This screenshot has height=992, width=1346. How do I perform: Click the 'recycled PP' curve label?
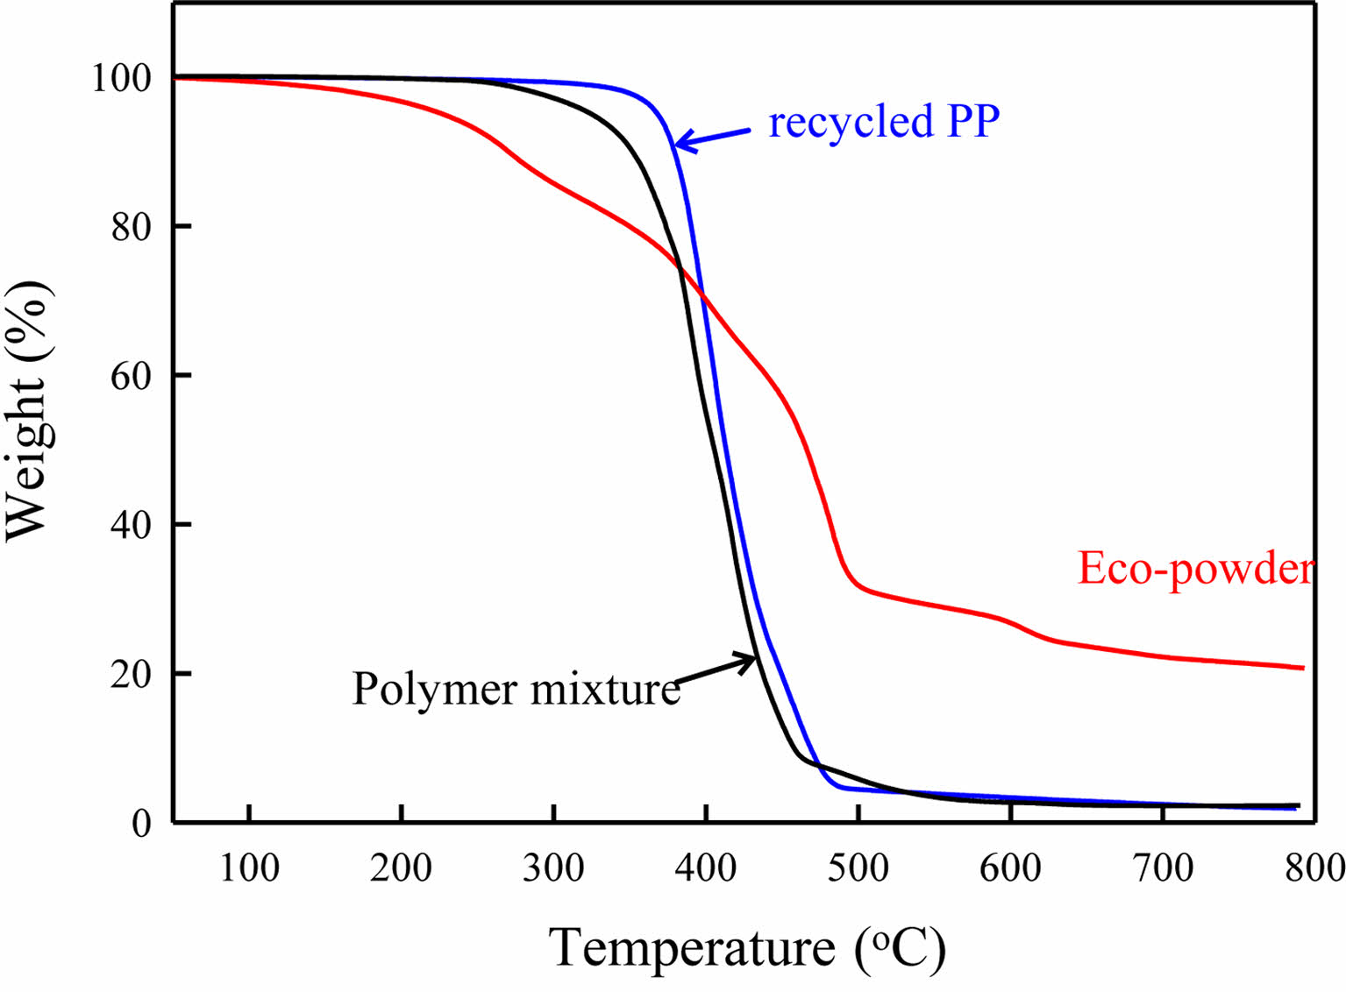[x=884, y=121]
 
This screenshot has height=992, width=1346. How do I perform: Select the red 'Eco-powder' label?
[x=1195, y=568]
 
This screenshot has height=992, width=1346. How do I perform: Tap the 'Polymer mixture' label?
[x=516, y=689]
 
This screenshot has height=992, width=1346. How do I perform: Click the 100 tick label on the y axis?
[x=121, y=79]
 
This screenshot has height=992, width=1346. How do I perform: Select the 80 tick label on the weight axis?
[x=131, y=228]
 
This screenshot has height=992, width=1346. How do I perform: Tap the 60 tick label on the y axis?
[x=131, y=377]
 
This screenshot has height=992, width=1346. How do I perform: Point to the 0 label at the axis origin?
[x=142, y=824]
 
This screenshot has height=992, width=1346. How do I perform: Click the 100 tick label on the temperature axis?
[x=249, y=868]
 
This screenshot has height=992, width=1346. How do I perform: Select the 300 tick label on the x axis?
[x=553, y=868]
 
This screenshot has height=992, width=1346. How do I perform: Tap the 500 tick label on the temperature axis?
[x=858, y=868]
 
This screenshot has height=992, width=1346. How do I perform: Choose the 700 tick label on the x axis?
[x=1163, y=868]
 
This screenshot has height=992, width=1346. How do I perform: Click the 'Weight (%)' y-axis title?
[x=28, y=411]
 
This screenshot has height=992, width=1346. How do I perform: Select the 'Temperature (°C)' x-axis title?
[x=747, y=948]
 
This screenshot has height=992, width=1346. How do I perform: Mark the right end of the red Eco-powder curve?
[x=1302, y=668]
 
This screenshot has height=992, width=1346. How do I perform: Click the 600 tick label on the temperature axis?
[x=1010, y=868]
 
